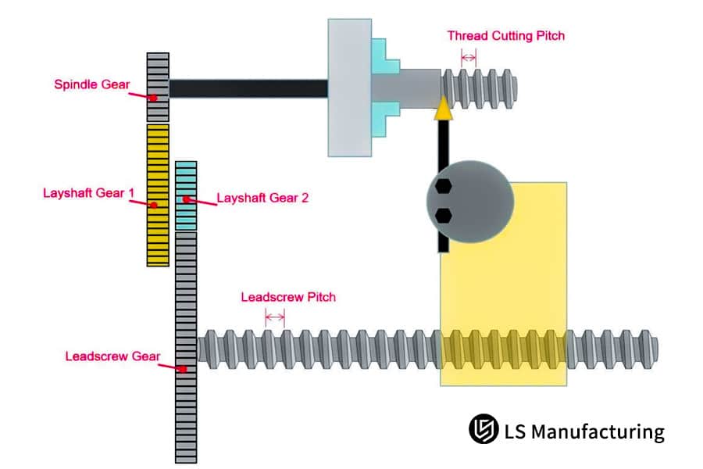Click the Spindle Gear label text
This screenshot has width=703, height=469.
tap(87, 84)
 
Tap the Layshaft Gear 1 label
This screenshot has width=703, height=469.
tap(84, 192)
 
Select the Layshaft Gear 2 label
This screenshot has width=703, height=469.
tap(262, 198)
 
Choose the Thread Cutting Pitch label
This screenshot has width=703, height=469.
tap(505, 35)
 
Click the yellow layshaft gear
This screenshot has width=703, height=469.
tap(158, 195)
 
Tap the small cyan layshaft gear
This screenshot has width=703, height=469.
tap(186, 195)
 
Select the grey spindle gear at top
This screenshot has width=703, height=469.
tap(158, 86)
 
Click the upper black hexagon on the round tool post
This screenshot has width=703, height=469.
tap(443, 187)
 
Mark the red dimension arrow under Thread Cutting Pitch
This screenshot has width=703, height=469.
tap(469, 56)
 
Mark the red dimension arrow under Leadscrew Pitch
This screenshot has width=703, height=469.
tap(275, 317)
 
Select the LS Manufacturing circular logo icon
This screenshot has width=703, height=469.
tap(484, 429)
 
